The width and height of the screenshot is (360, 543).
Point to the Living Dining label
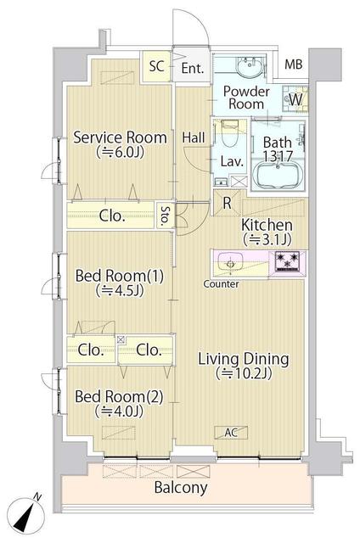tap(244, 359)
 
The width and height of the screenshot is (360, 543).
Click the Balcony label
tap(180, 489)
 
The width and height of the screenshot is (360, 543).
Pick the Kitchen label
tap(267, 225)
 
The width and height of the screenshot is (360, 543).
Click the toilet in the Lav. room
tap(228, 135)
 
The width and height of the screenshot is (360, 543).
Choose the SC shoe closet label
tap(156, 65)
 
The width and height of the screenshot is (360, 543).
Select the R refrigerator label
tap(228, 202)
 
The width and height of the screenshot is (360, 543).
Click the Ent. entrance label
tap(192, 68)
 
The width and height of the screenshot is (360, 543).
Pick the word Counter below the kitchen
tap(221, 283)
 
